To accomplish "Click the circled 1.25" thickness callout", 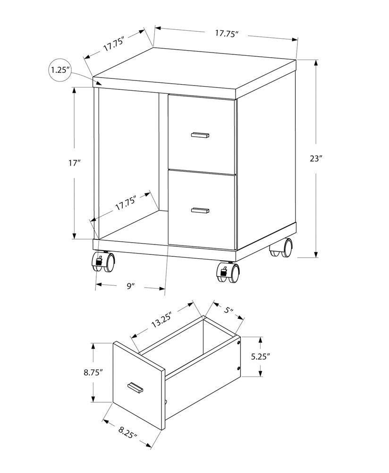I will click(x=60, y=71).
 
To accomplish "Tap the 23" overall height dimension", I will click(x=316, y=159).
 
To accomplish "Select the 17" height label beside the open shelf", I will click(x=74, y=163).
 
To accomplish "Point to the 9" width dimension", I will click(x=131, y=286).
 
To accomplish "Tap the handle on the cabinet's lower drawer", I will click(x=200, y=210).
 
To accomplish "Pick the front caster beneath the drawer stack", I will click(x=228, y=272).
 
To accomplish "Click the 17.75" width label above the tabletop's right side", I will click(x=226, y=34).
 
